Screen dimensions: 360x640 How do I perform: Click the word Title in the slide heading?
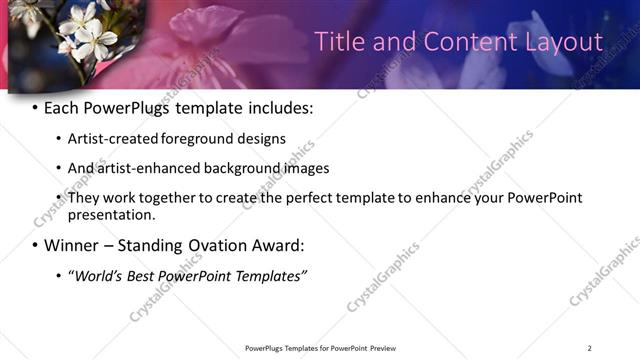(339, 42)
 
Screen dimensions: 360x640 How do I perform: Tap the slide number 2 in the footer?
(589, 348)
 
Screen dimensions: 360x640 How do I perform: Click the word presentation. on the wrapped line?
(112, 215)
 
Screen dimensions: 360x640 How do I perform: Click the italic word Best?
(145, 275)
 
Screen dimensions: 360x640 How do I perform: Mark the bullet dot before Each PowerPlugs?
(36, 108)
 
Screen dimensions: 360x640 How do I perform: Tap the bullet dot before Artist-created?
(59, 140)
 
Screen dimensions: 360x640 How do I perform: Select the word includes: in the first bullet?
(277, 107)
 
